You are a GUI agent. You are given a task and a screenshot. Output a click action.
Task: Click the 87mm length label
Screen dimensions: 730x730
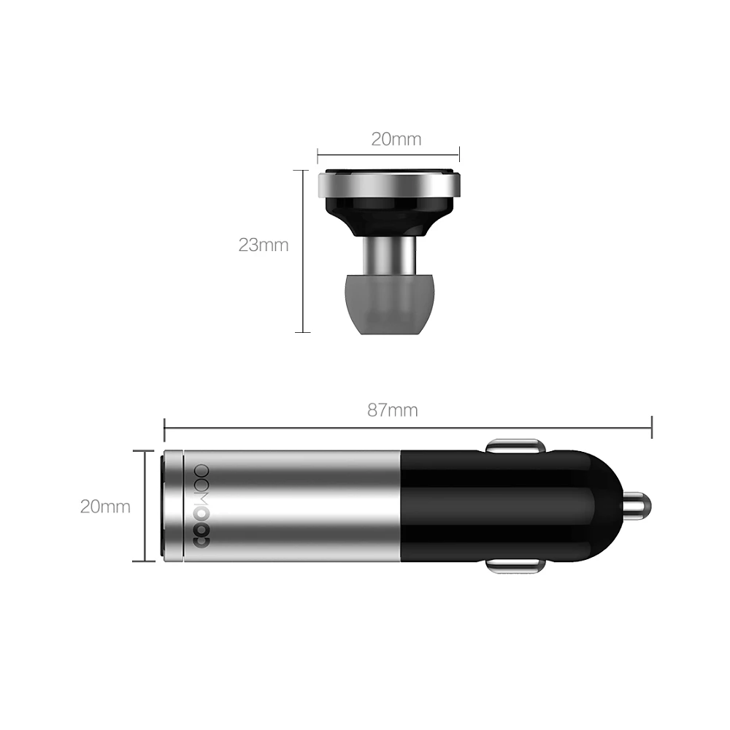click(392, 410)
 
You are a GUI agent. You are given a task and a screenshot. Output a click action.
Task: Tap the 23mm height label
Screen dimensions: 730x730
click(263, 245)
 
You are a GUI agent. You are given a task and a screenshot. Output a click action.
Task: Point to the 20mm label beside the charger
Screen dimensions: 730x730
click(105, 506)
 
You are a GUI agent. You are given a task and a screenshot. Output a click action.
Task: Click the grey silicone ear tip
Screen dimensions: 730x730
click(388, 303)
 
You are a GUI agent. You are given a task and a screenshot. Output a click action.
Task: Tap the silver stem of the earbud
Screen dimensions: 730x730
click(388, 253)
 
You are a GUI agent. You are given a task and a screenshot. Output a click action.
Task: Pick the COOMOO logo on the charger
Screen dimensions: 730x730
click(201, 506)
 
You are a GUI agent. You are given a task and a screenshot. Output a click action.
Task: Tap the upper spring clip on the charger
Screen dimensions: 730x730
click(515, 445)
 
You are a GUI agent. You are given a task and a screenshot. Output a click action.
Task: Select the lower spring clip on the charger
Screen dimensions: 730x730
click(515, 566)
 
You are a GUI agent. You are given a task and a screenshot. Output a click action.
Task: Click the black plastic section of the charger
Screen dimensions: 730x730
click(504, 506)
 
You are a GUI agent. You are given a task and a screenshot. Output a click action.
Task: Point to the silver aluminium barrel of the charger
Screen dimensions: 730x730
click(307, 506)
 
